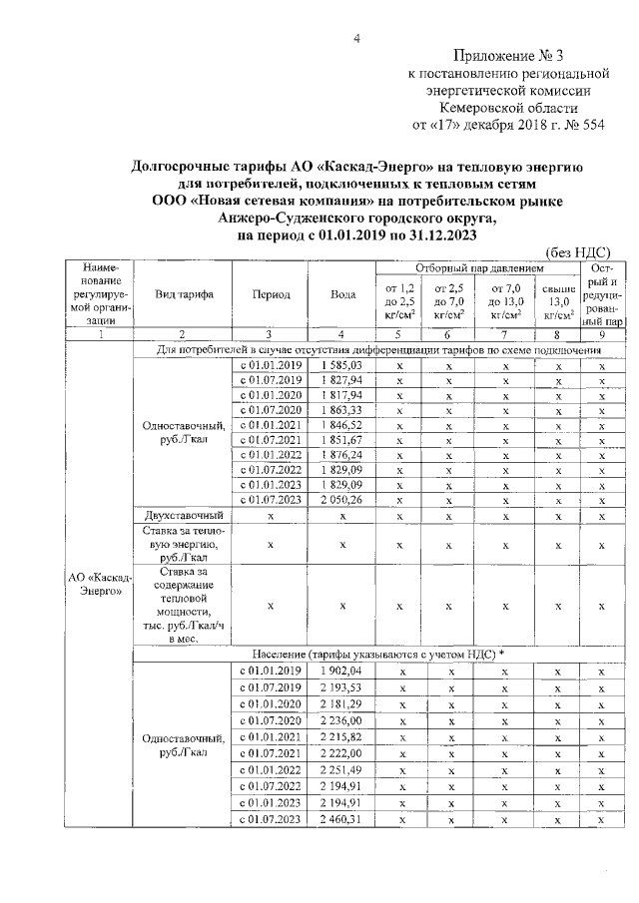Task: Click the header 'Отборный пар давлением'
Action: [478, 269]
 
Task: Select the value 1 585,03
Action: [340, 366]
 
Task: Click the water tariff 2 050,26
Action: [340, 499]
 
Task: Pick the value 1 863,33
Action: [340, 410]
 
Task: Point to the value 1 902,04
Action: [340, 671]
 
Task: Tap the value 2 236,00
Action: [340, 720]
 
